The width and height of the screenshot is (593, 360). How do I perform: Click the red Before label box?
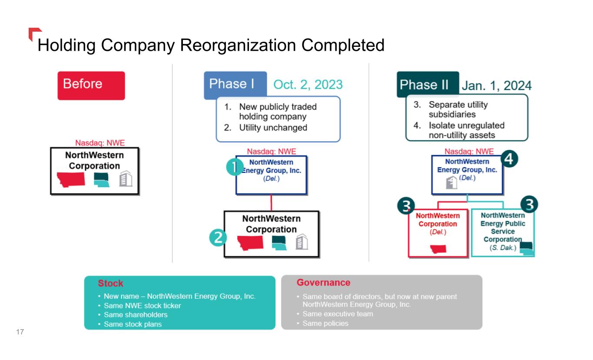point(91,86)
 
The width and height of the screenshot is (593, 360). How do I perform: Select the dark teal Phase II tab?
point(427,84)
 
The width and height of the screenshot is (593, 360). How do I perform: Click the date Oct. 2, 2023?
point(308,85)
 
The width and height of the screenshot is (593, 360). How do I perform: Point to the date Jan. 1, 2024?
point(497,86)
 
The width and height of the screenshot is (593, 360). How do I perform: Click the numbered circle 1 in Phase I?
point(235,167)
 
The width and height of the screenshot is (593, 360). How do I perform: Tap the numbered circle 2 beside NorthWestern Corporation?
point(218,238)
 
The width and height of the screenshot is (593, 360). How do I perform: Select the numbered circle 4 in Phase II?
point(509,159)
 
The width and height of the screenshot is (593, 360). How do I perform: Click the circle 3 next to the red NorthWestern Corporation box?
point(406,206)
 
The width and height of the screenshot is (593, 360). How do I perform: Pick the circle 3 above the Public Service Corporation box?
point(529,205)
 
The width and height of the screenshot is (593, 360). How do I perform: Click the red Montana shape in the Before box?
point(71,180)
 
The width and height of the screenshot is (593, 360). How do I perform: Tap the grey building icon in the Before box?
point(126,178)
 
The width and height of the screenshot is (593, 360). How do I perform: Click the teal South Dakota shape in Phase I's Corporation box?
point(279,243)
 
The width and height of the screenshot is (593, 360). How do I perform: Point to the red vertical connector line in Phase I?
point(271,203)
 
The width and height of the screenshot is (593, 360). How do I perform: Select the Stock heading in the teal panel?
point(110,283)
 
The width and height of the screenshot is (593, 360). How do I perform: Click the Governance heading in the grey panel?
point(323,282)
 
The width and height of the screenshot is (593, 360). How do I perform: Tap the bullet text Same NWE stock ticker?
point(142,305)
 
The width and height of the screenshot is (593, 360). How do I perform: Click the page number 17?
point(20,332)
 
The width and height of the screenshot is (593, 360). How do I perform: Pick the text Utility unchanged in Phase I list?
point(273,128)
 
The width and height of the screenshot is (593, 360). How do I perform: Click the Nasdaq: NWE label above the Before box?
point(100,143)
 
